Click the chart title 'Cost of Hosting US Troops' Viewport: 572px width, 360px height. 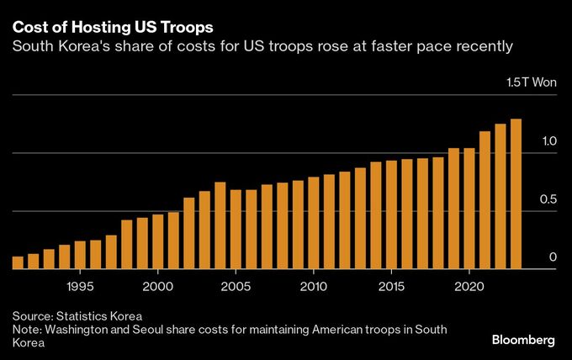pyautogui.click(x=112, y=24)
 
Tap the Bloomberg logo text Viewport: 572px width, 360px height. pyautogui.click(x=523, y=340)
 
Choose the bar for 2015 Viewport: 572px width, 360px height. pyautogui.click(x=391, y=214)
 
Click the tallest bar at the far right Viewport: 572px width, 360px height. pyautogui.click(x=516, y=194)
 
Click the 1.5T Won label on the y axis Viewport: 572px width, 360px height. pyautogui.click(x=531, y=83)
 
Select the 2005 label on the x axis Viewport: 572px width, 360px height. pyautogui.click(x=236, y=286)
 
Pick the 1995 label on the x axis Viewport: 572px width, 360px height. pyautogui.click(x=80, y=286)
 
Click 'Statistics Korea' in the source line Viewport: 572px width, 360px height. pyautogui.click(x=101, y=315)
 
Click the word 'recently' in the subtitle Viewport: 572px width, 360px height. pyautogui.click(x=484, y=46)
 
